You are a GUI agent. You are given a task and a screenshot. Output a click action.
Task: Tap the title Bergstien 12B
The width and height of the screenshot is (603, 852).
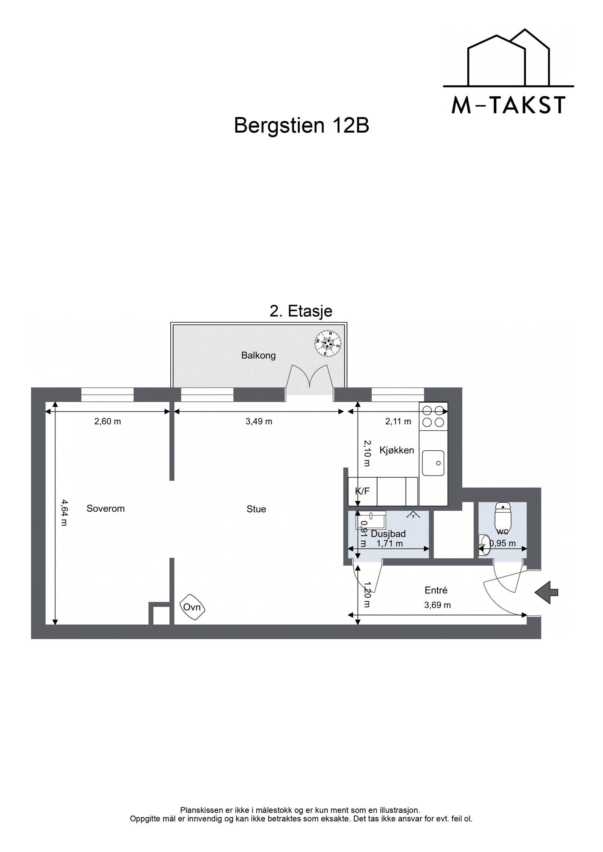[301, 126]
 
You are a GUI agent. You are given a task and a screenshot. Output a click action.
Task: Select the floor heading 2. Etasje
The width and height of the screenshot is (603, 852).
[301, 311]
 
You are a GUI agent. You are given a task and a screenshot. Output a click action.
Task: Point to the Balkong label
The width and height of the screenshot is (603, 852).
[259, 355]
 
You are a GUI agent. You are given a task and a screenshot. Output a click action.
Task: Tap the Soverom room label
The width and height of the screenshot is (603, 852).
[106, 509]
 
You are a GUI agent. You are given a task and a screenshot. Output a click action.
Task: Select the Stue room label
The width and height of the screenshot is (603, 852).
[256, 509]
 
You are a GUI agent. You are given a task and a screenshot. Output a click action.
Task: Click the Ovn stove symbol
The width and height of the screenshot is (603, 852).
[193, 607]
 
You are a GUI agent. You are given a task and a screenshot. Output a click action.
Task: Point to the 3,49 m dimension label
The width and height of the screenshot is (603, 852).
[259, 422]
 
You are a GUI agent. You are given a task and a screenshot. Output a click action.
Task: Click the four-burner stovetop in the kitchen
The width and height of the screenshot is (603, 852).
[433, 416]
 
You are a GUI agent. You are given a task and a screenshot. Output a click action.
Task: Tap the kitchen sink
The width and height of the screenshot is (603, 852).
[433, 463]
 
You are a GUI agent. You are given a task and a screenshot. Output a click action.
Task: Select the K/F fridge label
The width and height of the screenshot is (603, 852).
[362, 491]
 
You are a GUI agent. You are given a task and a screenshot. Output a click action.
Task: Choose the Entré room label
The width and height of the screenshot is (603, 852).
[436, 590]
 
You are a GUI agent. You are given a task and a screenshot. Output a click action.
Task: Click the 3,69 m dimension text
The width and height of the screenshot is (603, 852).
[438, 605]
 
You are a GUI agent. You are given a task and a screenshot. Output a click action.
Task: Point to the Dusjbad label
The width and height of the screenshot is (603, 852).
[388, 534]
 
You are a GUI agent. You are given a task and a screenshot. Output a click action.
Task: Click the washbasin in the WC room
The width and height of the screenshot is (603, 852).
[484, 545]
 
